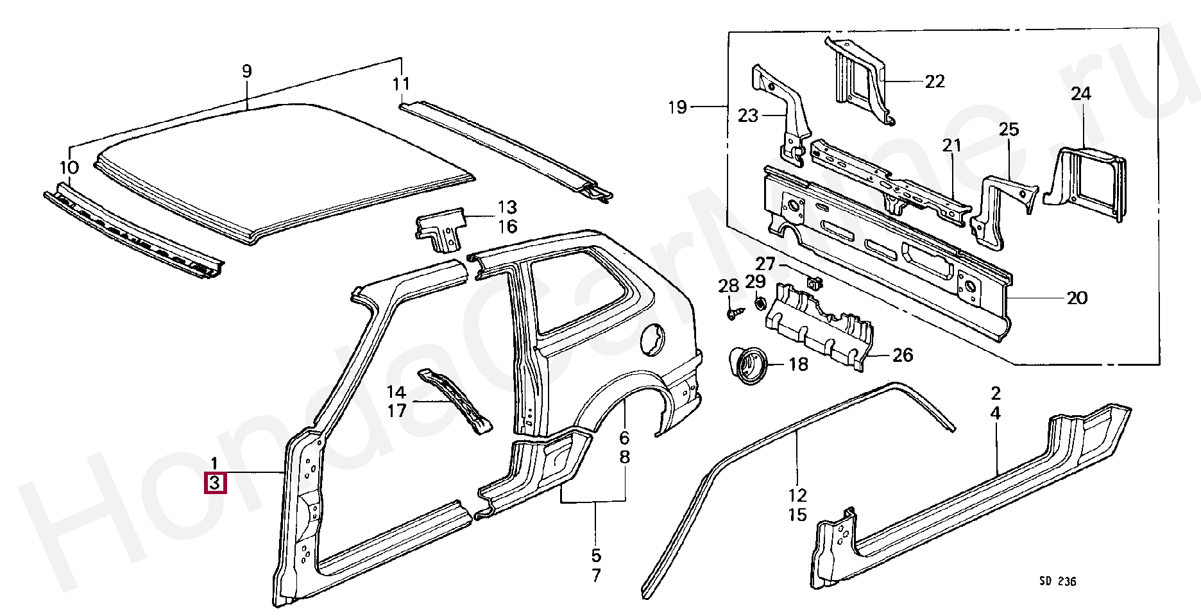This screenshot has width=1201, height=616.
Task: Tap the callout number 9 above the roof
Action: pyautogui.click(x=248, y=72)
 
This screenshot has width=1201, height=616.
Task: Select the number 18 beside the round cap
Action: pyautogui.click(x=798, y=364)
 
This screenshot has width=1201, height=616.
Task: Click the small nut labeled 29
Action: pyautogui.click(x=758, y=303)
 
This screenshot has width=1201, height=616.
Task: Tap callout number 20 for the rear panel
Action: pyautogui.click(x=1077, y=298)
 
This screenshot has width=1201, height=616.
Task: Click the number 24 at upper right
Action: pyautogui.click(x=1080, y=94)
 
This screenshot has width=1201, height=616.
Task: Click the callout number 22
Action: pyautogui.click(x=935, y=81)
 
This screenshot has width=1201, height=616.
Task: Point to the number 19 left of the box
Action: pyautogui.click(x=677, y=107)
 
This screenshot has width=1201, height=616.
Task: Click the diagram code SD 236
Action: pyautogui.click(x=1057, y=581)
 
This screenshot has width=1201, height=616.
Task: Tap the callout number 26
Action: pyautogui.click(x=903, y=355)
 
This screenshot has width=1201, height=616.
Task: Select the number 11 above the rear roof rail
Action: pyautogui.click(x=401, y=83)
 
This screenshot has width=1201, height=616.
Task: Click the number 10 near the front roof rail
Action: pyautogui.click(x=69, y=168)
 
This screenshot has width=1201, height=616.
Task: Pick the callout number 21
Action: pyautogui.click(x=952, y=146)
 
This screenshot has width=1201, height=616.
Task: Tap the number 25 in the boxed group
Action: pyautogui.click(x=1009, y=130)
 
